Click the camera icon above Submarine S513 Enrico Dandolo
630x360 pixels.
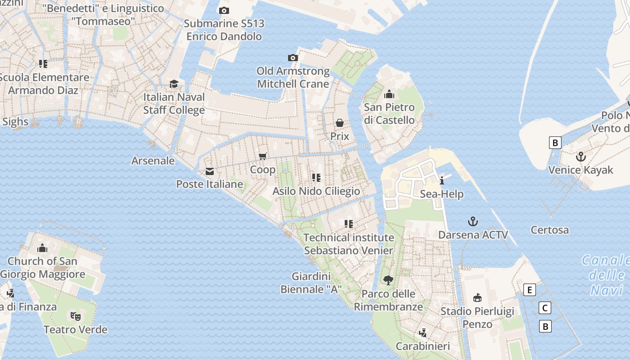tap(224, 10)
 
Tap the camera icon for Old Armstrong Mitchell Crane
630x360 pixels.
tap(293, 58)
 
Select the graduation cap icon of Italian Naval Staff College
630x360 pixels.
tap(174, 84)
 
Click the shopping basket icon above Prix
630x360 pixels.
tap(340, 123)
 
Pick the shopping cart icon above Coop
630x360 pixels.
tap(263, 156)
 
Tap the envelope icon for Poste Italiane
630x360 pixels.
tap(210, 171)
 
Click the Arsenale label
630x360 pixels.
tap(153, 161)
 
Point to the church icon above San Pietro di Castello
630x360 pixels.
tap(389, 94)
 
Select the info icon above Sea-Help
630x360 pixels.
tap(442, 181)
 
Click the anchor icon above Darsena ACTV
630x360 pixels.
tap(473, 221)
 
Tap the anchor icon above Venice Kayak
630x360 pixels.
tap(581, 157)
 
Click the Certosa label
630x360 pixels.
tap(549, 230)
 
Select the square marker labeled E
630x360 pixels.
tap(530, 290)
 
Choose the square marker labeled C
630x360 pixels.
tap(544, 308)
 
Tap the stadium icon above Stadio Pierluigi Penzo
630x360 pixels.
tap(477, 297)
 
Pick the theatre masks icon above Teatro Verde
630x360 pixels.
tap(76, 316)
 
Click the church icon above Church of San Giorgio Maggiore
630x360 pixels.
tap(43, 247)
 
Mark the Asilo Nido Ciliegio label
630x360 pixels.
tap(316, 191)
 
